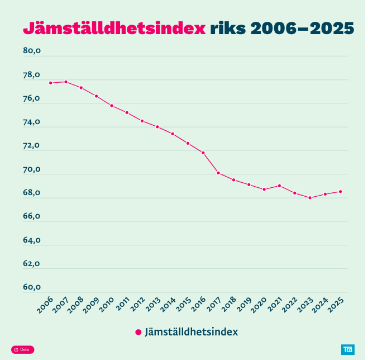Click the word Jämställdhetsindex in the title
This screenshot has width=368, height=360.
click(x=114, y=29)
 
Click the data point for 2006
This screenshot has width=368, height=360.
click(x=51, y=83)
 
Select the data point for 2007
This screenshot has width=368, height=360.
click(x=66, y=82)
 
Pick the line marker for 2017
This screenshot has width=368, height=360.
click(x=218, y=173)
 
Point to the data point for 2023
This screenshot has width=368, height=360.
click(x=310, y=197)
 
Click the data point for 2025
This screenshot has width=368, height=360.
click(x=341, y=192)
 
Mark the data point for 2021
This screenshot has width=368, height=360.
click(x=279, y=186)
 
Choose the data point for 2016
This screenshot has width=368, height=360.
click(x=203, y=153)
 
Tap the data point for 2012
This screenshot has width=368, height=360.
click(x=142, y=121)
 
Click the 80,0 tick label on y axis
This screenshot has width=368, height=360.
click(x=32, y=51)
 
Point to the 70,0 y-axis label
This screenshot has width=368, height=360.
click(x=32, y=169)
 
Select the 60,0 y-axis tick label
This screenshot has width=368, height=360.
click(x=32, y=288)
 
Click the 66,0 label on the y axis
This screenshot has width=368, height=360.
click(x=32, y=217)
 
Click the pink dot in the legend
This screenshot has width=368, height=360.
click(x=138, y=332)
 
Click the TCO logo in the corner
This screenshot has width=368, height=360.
click(x=347, y=350)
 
